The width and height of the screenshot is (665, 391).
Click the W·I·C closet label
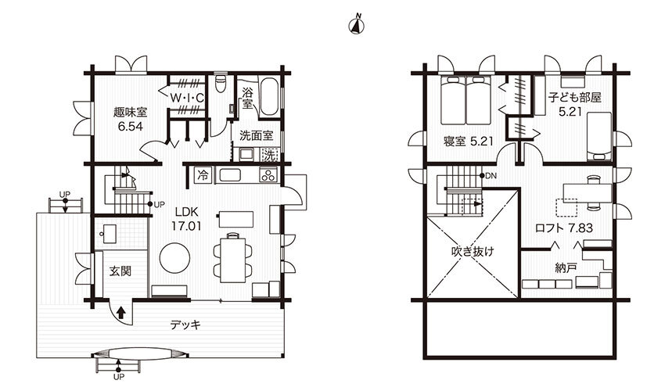pyautogui.click(x=187, y=98)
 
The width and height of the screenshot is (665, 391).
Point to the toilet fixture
pyautogui.click(x=221, y=83)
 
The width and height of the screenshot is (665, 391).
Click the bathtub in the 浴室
pyautogui.click(x=268, y=96)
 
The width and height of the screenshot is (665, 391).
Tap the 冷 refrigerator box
pyautogui.click(x=203, y=175)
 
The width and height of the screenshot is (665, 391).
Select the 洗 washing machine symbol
pyautogui.click(x=270, y=155)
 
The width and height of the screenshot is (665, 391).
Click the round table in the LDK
pyautogui.click(x=174, y=258)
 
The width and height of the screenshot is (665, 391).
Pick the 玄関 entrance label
pyautogui.click(x=120, y=271)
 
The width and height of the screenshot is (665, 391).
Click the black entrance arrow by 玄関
pyautogui.click(x=121, y=313)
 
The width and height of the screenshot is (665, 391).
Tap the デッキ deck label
pyautogui.click(x=185, y=325)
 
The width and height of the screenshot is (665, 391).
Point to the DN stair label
pyautogui.click(x=491, y=176)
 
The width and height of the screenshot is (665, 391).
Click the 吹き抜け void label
pyautogui.click(x=473, y=252)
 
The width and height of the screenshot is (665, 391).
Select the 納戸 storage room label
pyautogui.click(x=566, y=268)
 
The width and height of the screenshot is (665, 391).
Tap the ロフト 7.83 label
pyautogui.click(x=564, y=228)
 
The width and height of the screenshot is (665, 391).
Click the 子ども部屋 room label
pyautogui.click(x=575, y=98)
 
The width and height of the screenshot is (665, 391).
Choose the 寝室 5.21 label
pyautogui.click(x=469, y=142)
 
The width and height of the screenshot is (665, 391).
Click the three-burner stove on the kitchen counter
pyautogui.click(x=268, y=175)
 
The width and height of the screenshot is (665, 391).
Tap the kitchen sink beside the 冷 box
pyautogui.click(x=230, y=175)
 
